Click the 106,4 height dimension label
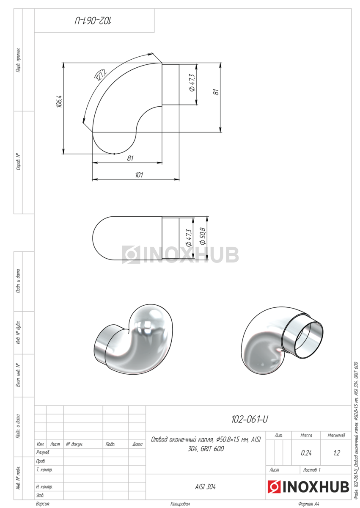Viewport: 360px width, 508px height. (59, 101)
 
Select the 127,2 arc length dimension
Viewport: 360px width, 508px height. (100, 75)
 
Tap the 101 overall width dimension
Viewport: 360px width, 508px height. (139, 175)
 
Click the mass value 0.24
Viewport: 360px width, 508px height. (306, 453)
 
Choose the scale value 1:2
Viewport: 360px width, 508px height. (337, 453)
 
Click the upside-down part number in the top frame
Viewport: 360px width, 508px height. (93, 21)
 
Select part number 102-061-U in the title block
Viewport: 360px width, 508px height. (250, 420)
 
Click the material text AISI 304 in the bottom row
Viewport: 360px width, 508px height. (205, 487)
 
